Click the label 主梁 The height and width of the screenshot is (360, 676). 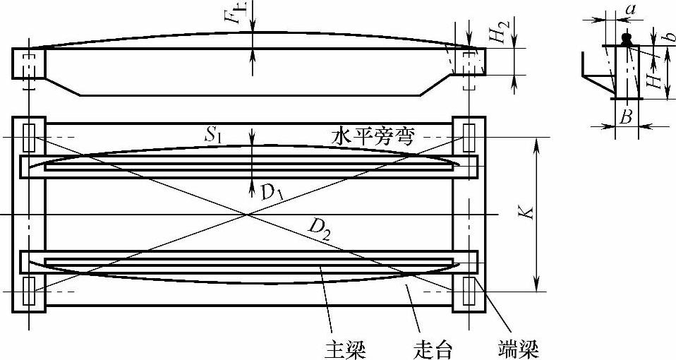pos(345,348)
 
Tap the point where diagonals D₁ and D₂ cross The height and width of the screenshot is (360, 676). pos(247,213)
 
